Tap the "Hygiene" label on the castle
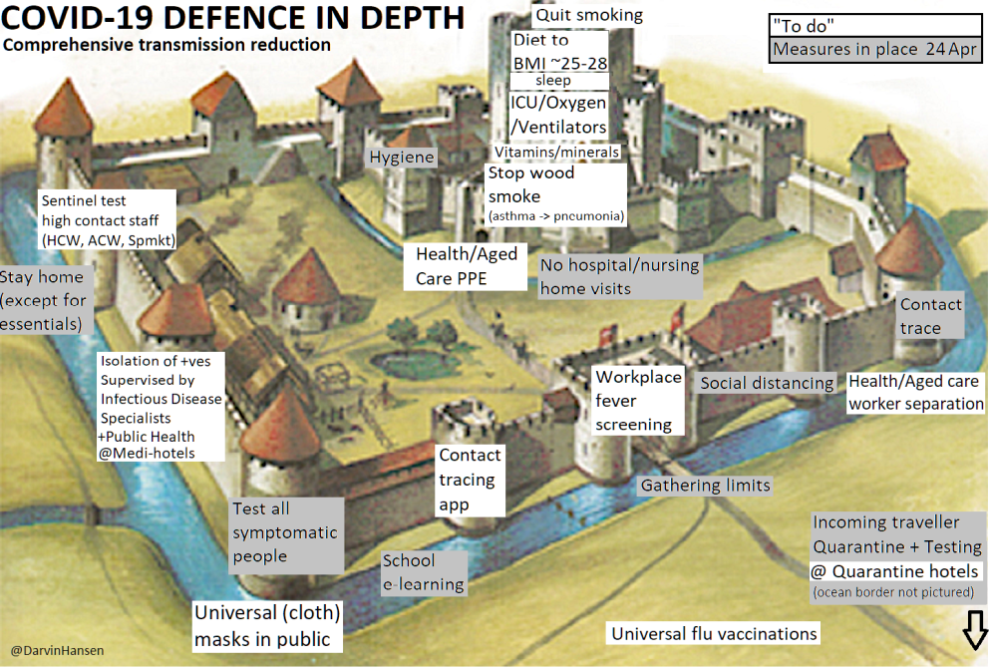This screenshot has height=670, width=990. pos(402,158)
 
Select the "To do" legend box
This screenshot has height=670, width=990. pos(875,25)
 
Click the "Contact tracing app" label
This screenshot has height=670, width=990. pos(471,480)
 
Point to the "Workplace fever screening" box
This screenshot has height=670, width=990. pos(638,401)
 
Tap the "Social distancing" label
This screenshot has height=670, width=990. pos(767,383)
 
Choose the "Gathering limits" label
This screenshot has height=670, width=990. pos(705,486)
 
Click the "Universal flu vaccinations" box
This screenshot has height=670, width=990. pos(714,634)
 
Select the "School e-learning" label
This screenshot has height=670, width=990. pos(424,572)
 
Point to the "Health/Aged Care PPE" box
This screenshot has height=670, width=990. pos(467,266)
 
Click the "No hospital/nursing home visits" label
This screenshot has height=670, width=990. pos(619,277)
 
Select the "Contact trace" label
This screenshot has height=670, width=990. pos(930,316)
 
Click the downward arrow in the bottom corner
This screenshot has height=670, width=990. pos(974,631)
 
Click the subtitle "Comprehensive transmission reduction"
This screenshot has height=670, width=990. pos(166,45)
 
